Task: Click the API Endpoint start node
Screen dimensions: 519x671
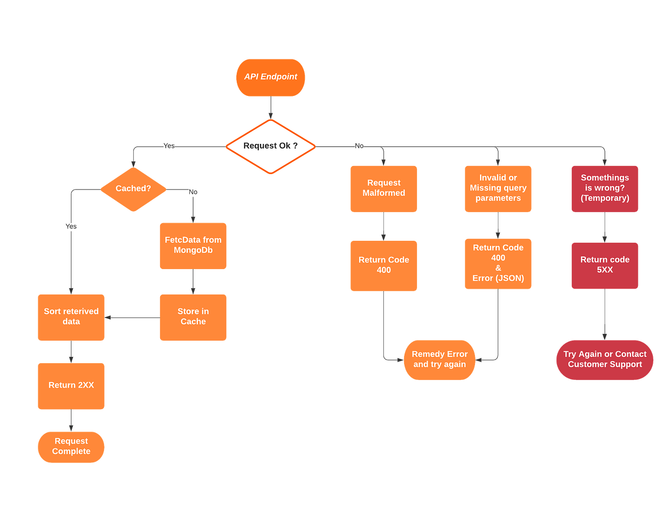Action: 270,77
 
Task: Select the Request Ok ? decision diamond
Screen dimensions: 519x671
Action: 270,146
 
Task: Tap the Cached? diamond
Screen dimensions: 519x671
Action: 133,189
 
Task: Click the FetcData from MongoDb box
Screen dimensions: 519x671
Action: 193,245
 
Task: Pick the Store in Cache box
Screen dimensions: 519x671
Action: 193,317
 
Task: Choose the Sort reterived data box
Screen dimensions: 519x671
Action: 71,317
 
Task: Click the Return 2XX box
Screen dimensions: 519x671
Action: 71,386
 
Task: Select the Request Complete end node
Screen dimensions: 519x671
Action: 71,447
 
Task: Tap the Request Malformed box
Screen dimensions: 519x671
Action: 383,189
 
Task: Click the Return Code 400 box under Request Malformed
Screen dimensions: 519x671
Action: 383,265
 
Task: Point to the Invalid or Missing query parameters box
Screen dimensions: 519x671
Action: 498,189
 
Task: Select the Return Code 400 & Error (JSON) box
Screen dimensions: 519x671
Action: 498,263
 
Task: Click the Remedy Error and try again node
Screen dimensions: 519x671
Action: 440,360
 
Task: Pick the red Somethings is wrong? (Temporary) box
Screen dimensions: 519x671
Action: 605,189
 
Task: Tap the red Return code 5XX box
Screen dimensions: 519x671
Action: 605,265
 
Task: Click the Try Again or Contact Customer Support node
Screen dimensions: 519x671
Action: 605,360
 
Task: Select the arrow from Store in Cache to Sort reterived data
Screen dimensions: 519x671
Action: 132,318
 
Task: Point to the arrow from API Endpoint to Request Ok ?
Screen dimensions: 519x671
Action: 271,108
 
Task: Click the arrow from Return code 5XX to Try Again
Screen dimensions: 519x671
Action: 605,314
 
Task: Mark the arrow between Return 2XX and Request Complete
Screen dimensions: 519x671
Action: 71,420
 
